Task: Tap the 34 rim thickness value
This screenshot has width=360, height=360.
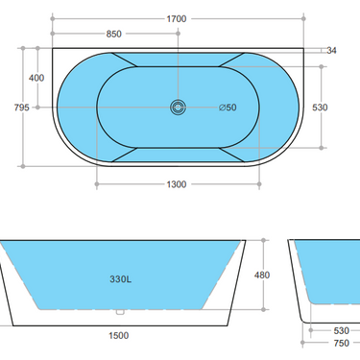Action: click(x=332, y=50)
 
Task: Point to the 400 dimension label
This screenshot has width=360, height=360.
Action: click(x=36, y=77)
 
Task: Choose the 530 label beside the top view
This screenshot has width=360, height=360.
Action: click(x=321, y=108)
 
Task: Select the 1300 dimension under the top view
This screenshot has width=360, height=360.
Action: click(x=176, y=183)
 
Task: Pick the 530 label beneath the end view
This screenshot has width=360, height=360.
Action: click(x=342, y=331)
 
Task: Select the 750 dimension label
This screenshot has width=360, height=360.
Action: click(x=342, y=343)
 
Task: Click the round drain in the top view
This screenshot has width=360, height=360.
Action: click(x=178, y=108)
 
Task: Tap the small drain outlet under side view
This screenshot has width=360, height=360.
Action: click(x=121, y=311)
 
